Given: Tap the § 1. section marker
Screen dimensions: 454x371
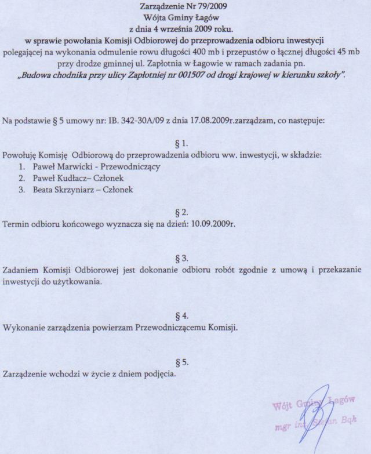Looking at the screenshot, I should [183, 142].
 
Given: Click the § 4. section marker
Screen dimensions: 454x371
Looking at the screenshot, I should [183, 316].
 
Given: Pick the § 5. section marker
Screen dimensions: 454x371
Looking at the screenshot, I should [183, 362].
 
